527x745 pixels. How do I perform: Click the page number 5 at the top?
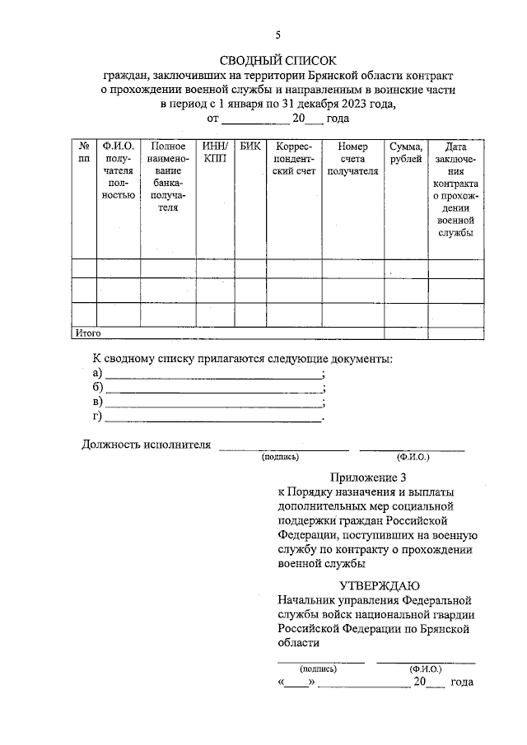278,34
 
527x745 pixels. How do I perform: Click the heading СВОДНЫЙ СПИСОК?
278,60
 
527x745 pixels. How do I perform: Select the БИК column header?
250,146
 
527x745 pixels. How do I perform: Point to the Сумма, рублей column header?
406,152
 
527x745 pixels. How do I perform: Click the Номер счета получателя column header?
352,159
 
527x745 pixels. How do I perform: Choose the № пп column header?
83,152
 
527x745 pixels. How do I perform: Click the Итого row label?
88,333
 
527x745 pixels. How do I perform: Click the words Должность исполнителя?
147,445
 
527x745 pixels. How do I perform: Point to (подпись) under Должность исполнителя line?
281,456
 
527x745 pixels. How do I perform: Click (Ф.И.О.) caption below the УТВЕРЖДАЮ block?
426,670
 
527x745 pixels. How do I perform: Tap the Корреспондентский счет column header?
293,159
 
